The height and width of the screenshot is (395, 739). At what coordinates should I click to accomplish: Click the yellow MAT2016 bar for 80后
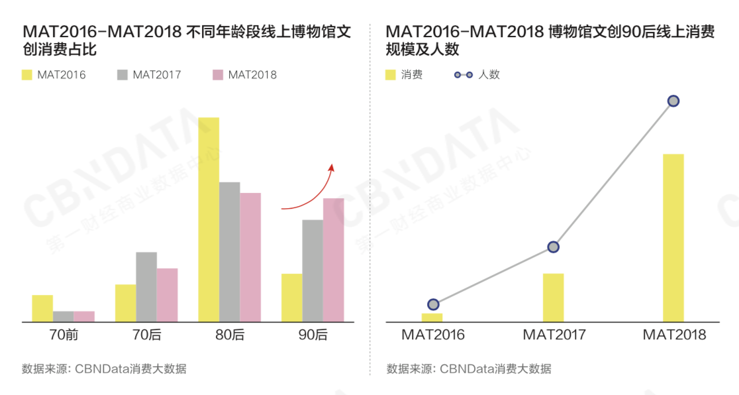click(x=209, y=219)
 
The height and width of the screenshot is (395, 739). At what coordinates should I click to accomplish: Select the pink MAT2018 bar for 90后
click(x=334, y=260)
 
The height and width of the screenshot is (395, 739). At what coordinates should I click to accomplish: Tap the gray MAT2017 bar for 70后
click(x=146, y=286)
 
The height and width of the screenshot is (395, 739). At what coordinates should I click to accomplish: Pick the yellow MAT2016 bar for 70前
click(x=42, y=308)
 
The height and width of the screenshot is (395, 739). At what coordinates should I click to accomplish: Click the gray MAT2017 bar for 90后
click(x=313, y=270)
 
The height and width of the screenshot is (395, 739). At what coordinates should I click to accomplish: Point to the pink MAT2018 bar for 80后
click(x=250, y=257)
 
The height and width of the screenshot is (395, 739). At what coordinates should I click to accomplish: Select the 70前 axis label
click(x=64, y=335)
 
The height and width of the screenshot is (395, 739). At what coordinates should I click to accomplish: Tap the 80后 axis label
click(x=230, y=335)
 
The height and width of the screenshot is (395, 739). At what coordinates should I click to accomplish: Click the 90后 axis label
click(x=313, y=335)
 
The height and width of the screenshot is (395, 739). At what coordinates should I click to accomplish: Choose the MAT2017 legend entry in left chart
click(x=149, y=75)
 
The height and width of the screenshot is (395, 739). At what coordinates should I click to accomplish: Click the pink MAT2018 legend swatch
click(x=218, y=75)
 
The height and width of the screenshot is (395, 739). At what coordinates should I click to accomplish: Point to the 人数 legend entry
click(x=477, y=75)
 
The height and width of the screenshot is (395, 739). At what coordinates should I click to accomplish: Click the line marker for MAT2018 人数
click(x=673, y=101)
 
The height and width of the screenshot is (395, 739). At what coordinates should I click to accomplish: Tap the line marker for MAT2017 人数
click(x=553, y=247)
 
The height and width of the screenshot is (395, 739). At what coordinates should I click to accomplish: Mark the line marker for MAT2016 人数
click(x=433, y=304)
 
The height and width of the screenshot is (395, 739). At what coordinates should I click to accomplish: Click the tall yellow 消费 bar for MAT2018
click(x=673, y=238)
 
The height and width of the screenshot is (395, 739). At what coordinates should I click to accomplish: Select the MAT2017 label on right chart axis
click(x=554, y=335)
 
